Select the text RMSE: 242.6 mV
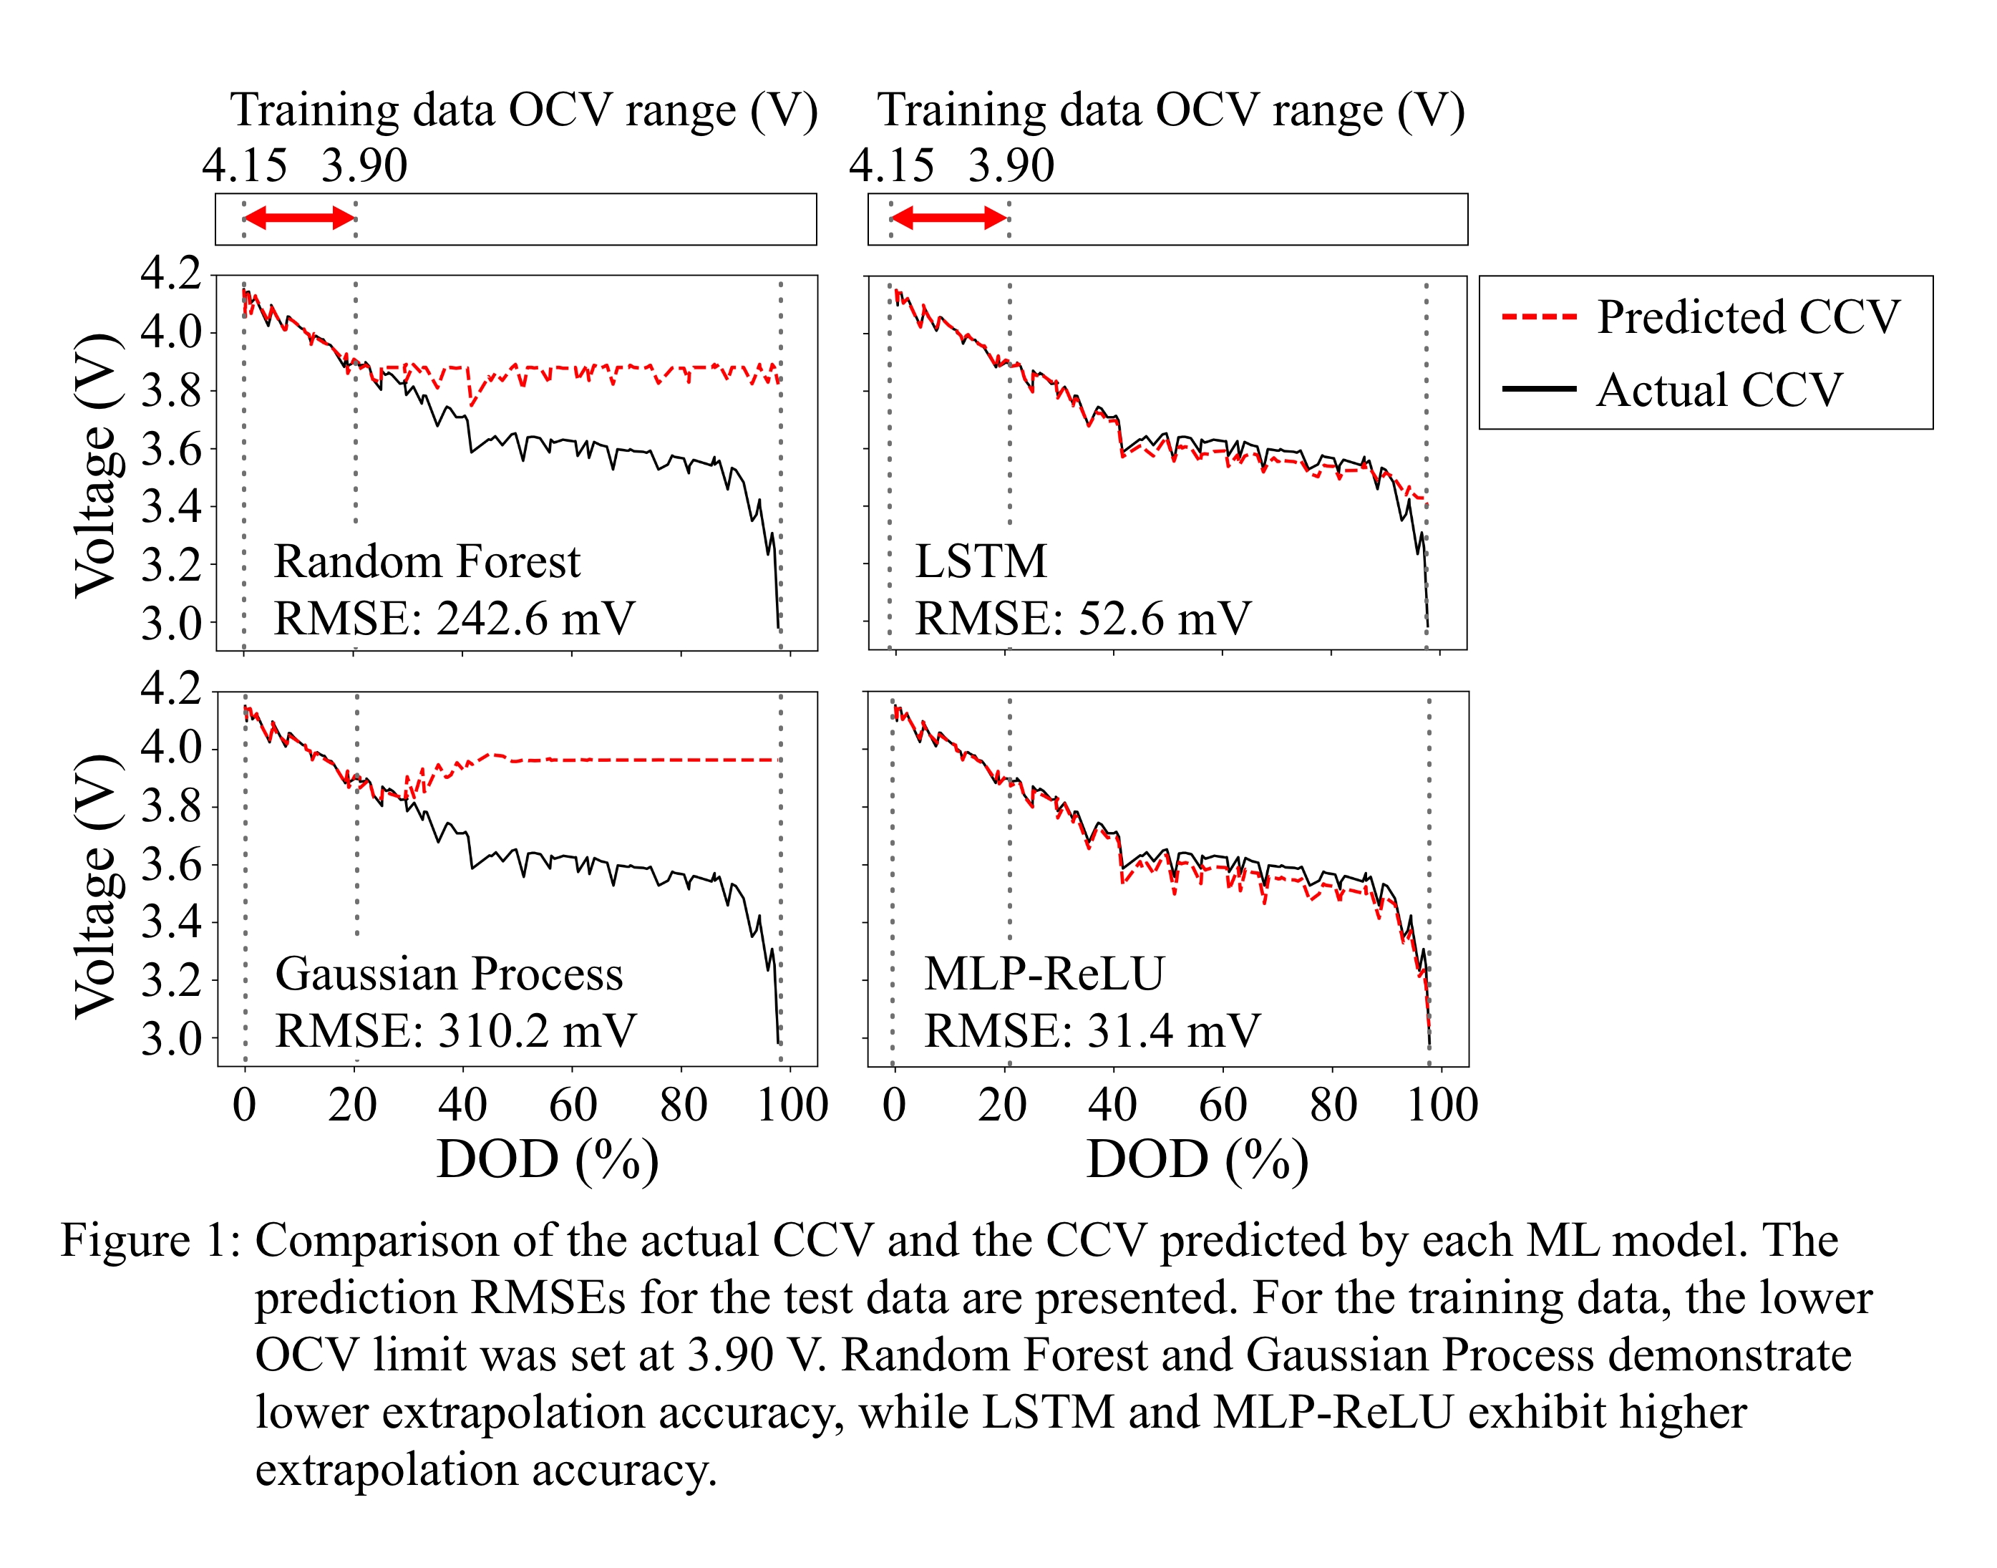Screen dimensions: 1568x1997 click(455, 618)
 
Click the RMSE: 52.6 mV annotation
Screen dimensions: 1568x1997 click(1083, 618)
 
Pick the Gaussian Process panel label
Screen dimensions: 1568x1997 click(449, 973)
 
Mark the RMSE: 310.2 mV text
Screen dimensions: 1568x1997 click(455, 1030)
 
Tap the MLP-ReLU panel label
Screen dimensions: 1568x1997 click(1044, 973)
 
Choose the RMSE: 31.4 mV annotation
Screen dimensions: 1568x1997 click(1092, 1030)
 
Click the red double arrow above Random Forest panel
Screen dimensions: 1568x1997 click(299, 218)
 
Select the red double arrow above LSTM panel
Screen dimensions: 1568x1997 click(949, 218)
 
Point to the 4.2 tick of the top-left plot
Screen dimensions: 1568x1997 click(170, 273)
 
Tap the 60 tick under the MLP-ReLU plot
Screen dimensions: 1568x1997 click(1223, 1104)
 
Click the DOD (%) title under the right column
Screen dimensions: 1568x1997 click(1197, 1159)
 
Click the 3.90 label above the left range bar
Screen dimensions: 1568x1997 click(364, 165)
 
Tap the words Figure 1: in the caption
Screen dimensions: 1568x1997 click(150, 1242)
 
